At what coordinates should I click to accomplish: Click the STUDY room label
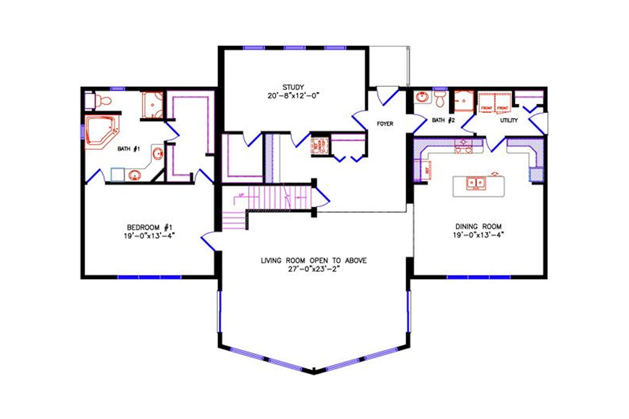point(293,87)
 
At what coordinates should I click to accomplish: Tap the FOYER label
point(385,124)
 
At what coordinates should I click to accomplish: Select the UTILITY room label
point(508,120)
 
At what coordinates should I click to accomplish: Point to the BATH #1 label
point(128,149)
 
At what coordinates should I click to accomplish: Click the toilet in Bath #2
point(439,98)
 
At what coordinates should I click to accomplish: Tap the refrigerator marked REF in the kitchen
point(421,171)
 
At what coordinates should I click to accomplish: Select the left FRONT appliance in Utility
point(487,103)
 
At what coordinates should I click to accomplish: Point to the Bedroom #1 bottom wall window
point(149,276)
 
